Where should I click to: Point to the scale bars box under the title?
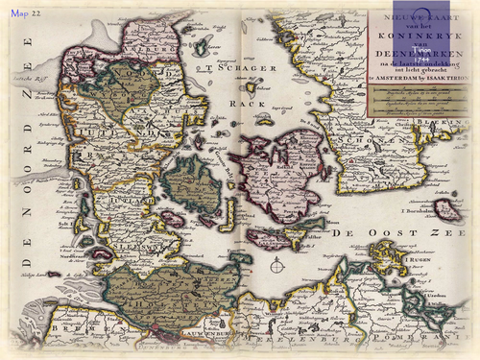tap(420, 101)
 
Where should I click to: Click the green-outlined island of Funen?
tap(192, 186)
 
